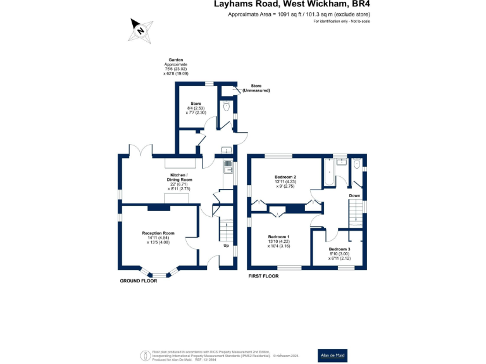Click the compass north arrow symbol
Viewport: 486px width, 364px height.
pos(140,29)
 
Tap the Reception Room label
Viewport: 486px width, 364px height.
pos(158,233)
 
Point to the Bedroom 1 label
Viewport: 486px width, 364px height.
pos(279,236)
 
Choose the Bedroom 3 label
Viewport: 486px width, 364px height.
pos(339,250)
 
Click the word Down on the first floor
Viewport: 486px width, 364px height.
pos(354,196)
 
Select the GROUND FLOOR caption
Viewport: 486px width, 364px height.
pos(139,280)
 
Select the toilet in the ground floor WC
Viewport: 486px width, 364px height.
pos(227,107)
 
